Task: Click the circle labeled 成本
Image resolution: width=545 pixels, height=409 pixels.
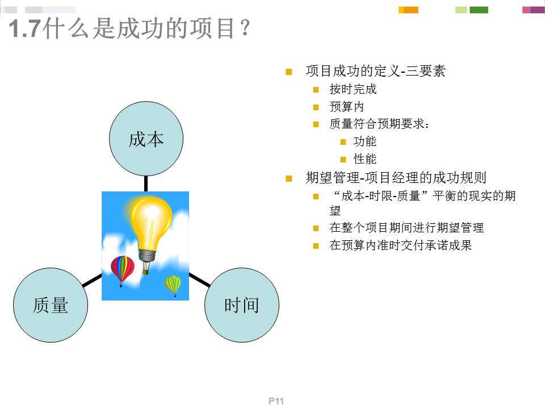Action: click(x=146, y=139)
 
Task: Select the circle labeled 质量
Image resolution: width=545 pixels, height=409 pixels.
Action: click(x=51, y=305)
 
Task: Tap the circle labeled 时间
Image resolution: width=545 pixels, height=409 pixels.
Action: click(x=241, y=305)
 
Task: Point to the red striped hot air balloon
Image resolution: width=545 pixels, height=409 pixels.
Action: click(x=122, y=269)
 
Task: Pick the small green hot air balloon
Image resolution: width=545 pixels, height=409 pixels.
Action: click(x=173, y=283)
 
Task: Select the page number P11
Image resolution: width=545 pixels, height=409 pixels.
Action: click(x=276, y=401)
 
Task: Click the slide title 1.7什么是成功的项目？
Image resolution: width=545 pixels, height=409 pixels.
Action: click(x=129, y=28)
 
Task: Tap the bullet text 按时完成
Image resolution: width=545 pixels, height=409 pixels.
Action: click(x=353, y=89)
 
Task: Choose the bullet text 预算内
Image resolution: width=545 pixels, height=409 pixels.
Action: click(x=346, y=107)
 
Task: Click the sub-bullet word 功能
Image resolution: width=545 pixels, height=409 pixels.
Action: click(x=365, y=141)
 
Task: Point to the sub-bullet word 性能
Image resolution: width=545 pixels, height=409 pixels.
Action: click(x=365, y=159)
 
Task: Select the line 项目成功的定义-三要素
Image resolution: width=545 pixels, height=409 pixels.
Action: click(x=375, y=71)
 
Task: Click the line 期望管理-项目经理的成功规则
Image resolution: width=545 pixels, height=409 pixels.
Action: click(x=396, y=178)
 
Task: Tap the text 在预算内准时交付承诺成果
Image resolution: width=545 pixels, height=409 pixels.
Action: click(x=401, y=246)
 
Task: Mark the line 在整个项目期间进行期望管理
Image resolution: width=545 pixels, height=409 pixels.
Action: click(x=406, y=228)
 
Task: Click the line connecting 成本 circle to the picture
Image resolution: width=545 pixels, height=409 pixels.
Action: click(x=146, y=183)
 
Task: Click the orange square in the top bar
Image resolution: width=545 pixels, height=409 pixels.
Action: click(x=410, y=10)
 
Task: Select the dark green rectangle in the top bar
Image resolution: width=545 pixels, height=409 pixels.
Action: click(x=479, y=10)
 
